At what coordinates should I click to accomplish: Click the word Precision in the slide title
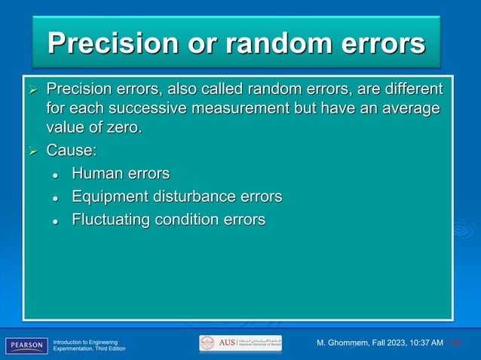pos(111,43)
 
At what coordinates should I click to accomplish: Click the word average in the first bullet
pos(405,108)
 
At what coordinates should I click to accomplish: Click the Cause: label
pos(72,150)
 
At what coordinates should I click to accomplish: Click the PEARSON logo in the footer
pos(26,345)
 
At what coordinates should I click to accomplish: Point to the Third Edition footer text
pos(107,349)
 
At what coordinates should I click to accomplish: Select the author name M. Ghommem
pos(350,343)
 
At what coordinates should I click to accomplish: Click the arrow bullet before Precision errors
pos(32,90)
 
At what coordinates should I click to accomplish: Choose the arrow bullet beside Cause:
pos(32,151)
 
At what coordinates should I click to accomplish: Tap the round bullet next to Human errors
pos(56,175)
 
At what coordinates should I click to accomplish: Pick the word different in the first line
pos(412,90)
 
